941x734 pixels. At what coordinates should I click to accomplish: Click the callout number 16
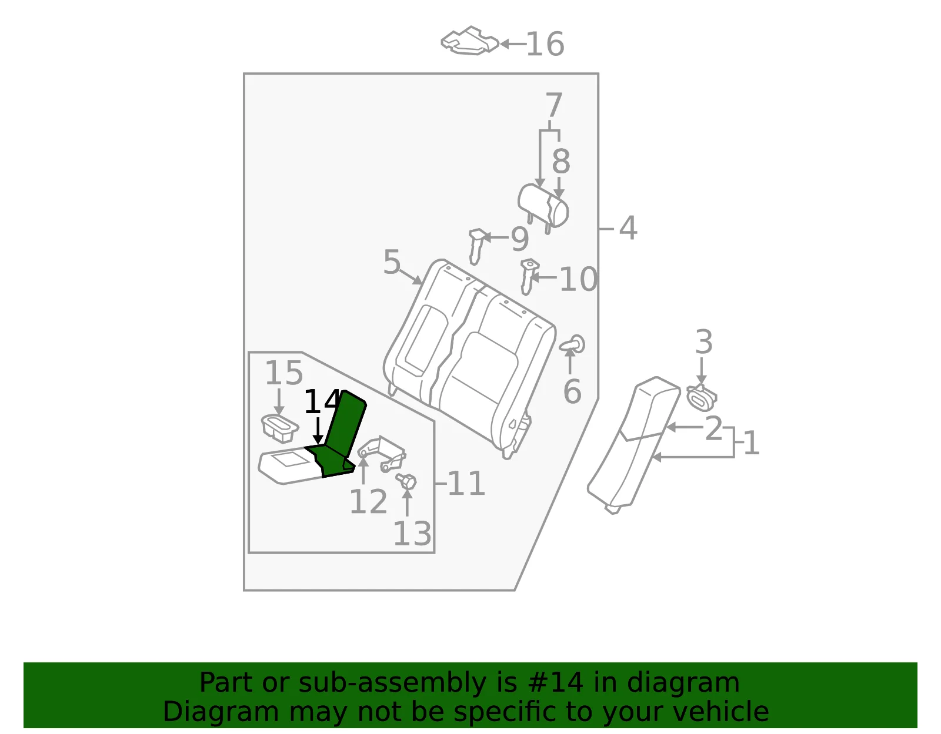(545, 44)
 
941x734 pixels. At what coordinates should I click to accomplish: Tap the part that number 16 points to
(470, 41)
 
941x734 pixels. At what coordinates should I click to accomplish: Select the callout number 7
(554, 105)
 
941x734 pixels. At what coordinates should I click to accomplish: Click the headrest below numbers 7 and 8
(543, 207)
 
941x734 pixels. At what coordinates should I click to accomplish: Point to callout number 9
(520, 239)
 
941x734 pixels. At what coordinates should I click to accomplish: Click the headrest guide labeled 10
(528, 277)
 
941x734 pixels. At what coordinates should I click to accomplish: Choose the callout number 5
(392, 262)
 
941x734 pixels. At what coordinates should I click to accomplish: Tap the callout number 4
(628, 229)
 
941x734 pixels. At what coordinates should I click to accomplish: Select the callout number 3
(704, 341)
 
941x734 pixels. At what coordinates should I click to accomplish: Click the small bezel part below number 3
(702, 398)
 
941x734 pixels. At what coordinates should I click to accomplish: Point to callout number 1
(752, 443)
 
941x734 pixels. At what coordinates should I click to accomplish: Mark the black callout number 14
(321, 401)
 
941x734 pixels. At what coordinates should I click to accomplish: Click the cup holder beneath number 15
(280, 428)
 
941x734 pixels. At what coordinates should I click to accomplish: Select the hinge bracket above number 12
(382, 454)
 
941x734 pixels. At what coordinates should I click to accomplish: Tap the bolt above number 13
(406, 481)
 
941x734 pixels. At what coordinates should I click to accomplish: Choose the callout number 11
(466, 484)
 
